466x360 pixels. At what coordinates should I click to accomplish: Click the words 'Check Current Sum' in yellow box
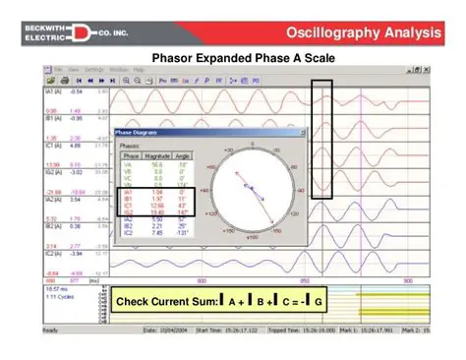[x=165, y=301]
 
